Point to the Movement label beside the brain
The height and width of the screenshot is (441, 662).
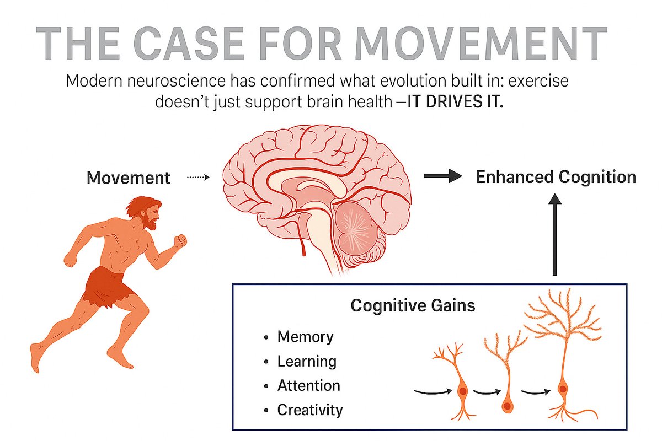coord(129,178)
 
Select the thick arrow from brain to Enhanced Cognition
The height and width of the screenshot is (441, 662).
coord(442,176)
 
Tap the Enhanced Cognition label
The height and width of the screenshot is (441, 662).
coord(556,177)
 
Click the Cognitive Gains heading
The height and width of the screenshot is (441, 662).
coord(413,305)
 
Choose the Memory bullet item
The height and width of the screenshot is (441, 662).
coord(305,336)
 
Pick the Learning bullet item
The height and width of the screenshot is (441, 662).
coord(307,361)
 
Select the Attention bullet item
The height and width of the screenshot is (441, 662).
coord(308,385)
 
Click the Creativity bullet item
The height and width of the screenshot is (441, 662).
coord(309,410)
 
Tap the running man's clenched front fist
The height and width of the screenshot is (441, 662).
coord(180,241)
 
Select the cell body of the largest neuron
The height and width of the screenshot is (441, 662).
coord(562,389)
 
